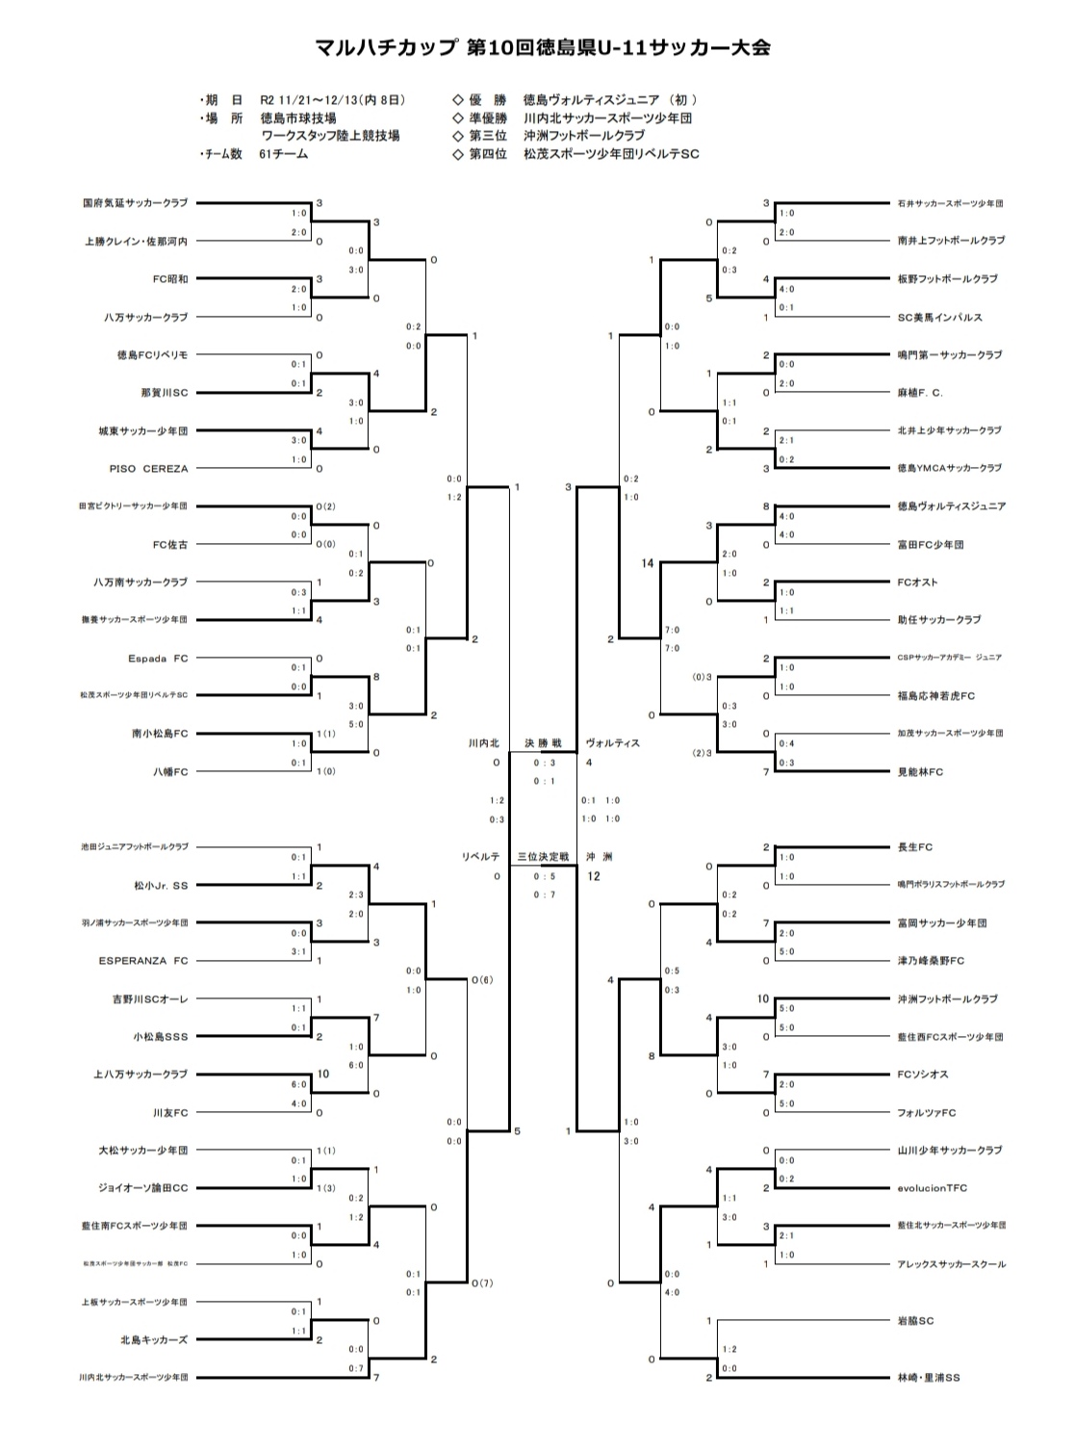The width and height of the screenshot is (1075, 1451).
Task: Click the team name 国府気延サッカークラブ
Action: pyautogui.click(x=135, y=203)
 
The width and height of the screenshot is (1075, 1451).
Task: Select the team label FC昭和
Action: pyautogui.click(x=170, y=279)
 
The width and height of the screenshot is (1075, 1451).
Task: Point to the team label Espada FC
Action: pyautogui.click(x=158, y=659)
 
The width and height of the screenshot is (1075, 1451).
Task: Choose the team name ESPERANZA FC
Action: pyautogui.click(x=143, y=961)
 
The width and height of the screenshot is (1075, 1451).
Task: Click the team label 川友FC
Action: pyautogui.click(x=170, y=1113)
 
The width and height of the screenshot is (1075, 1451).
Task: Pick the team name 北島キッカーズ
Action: pyautogui.click(x=154, y=1340)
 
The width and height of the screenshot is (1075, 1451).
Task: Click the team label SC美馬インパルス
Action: pyautogui.click(x=939, y=317)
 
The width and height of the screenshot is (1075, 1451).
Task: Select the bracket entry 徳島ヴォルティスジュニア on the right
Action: pyautogui.click(x=951, y=506)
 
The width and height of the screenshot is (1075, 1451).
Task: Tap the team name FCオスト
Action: pyautogui.click(x=917, y=583)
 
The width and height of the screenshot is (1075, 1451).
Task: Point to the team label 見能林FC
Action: pyautogui.click(x=920, y=772)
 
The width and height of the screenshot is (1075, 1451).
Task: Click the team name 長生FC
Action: pyautogui.click(x=914, y=847)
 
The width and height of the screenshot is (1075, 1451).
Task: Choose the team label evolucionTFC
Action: pyautogui.click(x=933, y=1188)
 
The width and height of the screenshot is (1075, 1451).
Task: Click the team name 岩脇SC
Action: pyautogui.click(x=915, y=1321)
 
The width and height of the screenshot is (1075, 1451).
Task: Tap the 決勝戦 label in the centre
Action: pyautogui.click(x=542, y=743)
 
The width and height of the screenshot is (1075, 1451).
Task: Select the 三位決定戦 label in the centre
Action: pyautogui.click(x=543, y=857)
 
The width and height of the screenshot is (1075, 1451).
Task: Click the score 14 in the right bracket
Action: pyautogui.click(x=647, y=563)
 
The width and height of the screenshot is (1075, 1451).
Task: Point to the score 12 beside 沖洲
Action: pyautogui.click(x=593, y=876)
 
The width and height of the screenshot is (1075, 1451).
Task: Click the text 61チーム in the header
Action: pyautogui.click(x=283, y=154)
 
